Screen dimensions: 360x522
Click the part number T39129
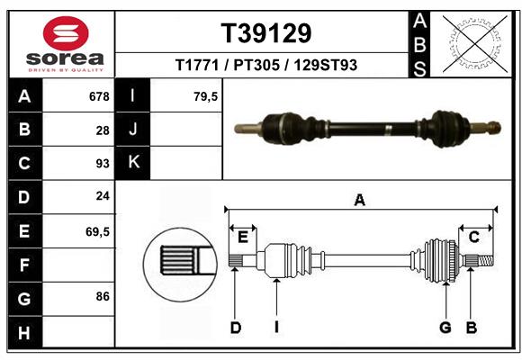(x=266, y=33)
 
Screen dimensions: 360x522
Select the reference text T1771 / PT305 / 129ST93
(x=266, y=65)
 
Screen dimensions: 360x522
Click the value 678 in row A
(x=98, y=96)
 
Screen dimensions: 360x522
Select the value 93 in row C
(x=103, y=164)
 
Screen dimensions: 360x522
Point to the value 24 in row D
(x=103, y=196)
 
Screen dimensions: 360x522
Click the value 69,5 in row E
(x=97, y=231)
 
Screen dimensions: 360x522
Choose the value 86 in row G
(x=103, y=296)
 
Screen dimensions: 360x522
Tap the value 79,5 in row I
(x=206, y=96)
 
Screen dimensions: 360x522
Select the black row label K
(x=133, y=163)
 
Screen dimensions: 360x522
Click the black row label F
(x=24, y=265)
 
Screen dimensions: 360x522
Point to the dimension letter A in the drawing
(x=360, y=201)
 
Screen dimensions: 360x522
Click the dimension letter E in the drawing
(x=243, y=237)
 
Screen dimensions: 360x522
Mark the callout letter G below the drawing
(x=445, y=328)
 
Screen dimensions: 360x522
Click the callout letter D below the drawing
(x=236, y=328)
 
